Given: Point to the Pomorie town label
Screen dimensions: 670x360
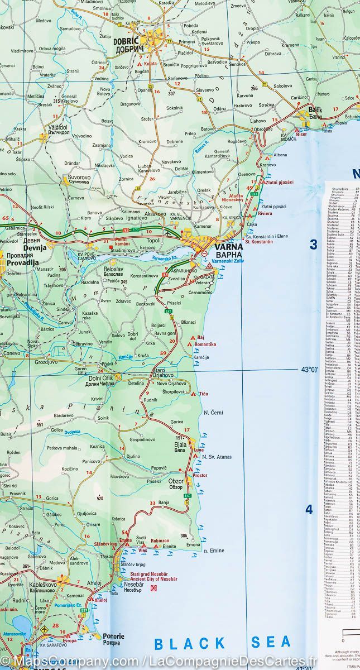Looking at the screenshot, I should pyautogui.click(x=113, y=636).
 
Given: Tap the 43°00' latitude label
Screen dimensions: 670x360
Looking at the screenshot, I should pyautogui.click(x=309, y=370).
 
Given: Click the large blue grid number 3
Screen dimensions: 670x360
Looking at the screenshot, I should pyautogui.click(x=314, y=245).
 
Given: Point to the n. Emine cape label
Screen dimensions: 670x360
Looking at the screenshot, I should pyautogui.click(x=214, y=551).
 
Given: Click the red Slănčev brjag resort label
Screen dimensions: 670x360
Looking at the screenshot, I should pyautogui.click(x=102, y=544).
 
